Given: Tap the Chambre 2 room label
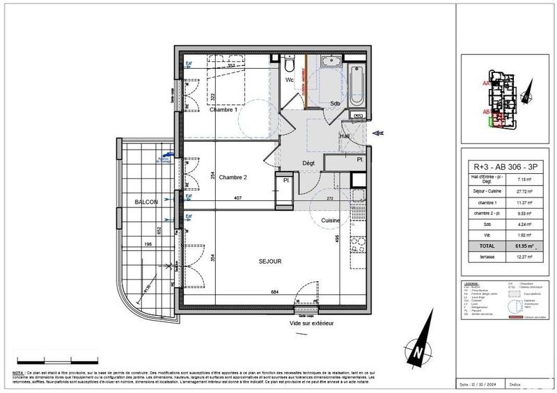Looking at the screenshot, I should pos(233,177).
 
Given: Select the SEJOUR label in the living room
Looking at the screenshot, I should pos(269,262).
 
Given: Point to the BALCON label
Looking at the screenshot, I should pos(146,202).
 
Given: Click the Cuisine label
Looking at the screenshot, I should pos(331,220).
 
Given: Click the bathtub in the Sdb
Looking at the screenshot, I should pos(356,86).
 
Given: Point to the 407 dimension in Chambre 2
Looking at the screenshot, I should pos(237,198).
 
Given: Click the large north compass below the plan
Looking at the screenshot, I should pos(418,350).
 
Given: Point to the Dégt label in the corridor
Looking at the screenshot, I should pos(309,163).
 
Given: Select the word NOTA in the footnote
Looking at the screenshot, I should pos(19,374).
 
